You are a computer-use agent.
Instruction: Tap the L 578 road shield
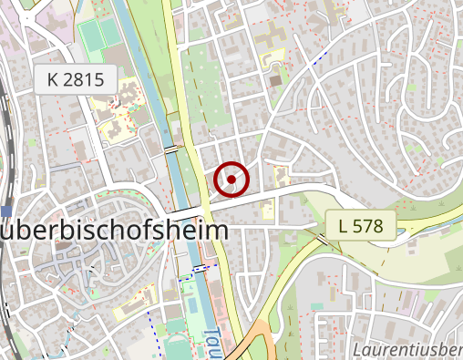[x=361, y=224]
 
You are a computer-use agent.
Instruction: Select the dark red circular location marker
[x=232, y=180]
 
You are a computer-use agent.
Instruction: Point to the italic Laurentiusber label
[x=406, y=349]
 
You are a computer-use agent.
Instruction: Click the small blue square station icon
[x=6, y=211]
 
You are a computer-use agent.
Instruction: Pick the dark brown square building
[x=275, y=81]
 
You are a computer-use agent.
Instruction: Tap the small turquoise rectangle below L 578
[x=317, y=307]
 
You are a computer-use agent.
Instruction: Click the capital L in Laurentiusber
[x=356, y=349]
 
